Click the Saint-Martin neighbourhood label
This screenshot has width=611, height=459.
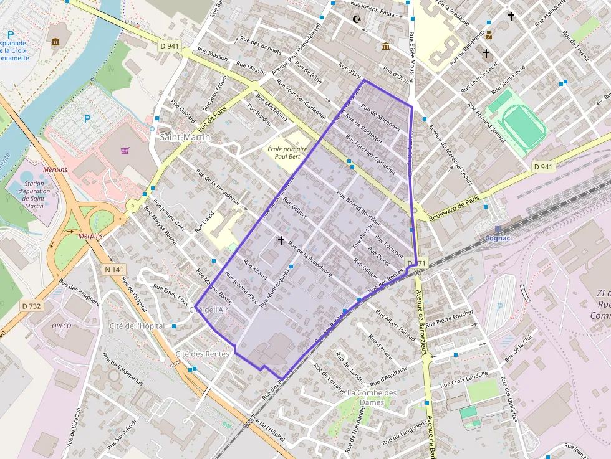click(185, 136)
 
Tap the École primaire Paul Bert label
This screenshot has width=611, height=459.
click(287, 153)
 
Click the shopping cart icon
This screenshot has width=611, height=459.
click(125, 150)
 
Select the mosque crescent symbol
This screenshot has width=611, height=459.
click(357, 20)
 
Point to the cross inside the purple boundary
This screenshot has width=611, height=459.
click(281, 239)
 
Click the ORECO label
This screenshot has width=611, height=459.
click(62, 326)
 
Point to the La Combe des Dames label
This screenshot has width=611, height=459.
click(372, 397)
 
